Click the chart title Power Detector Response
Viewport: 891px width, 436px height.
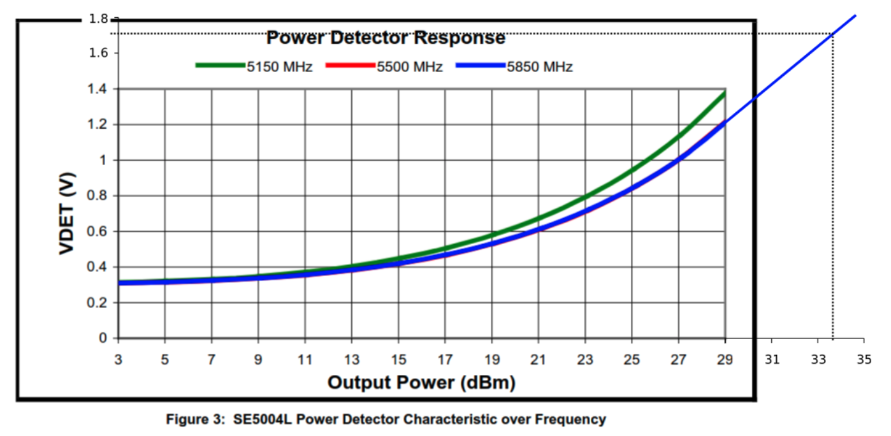[386, 38]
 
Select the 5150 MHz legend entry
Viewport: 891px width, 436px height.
[280, 66]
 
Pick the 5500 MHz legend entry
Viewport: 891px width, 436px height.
[410, 66]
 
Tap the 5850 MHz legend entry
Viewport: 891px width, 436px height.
[539, 66]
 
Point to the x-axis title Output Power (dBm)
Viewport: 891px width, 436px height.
[421, 382]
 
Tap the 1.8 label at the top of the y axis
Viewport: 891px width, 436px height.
[99, 19]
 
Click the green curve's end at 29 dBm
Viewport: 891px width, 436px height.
[725, 93]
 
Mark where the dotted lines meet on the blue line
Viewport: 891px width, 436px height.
[832, 34]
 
